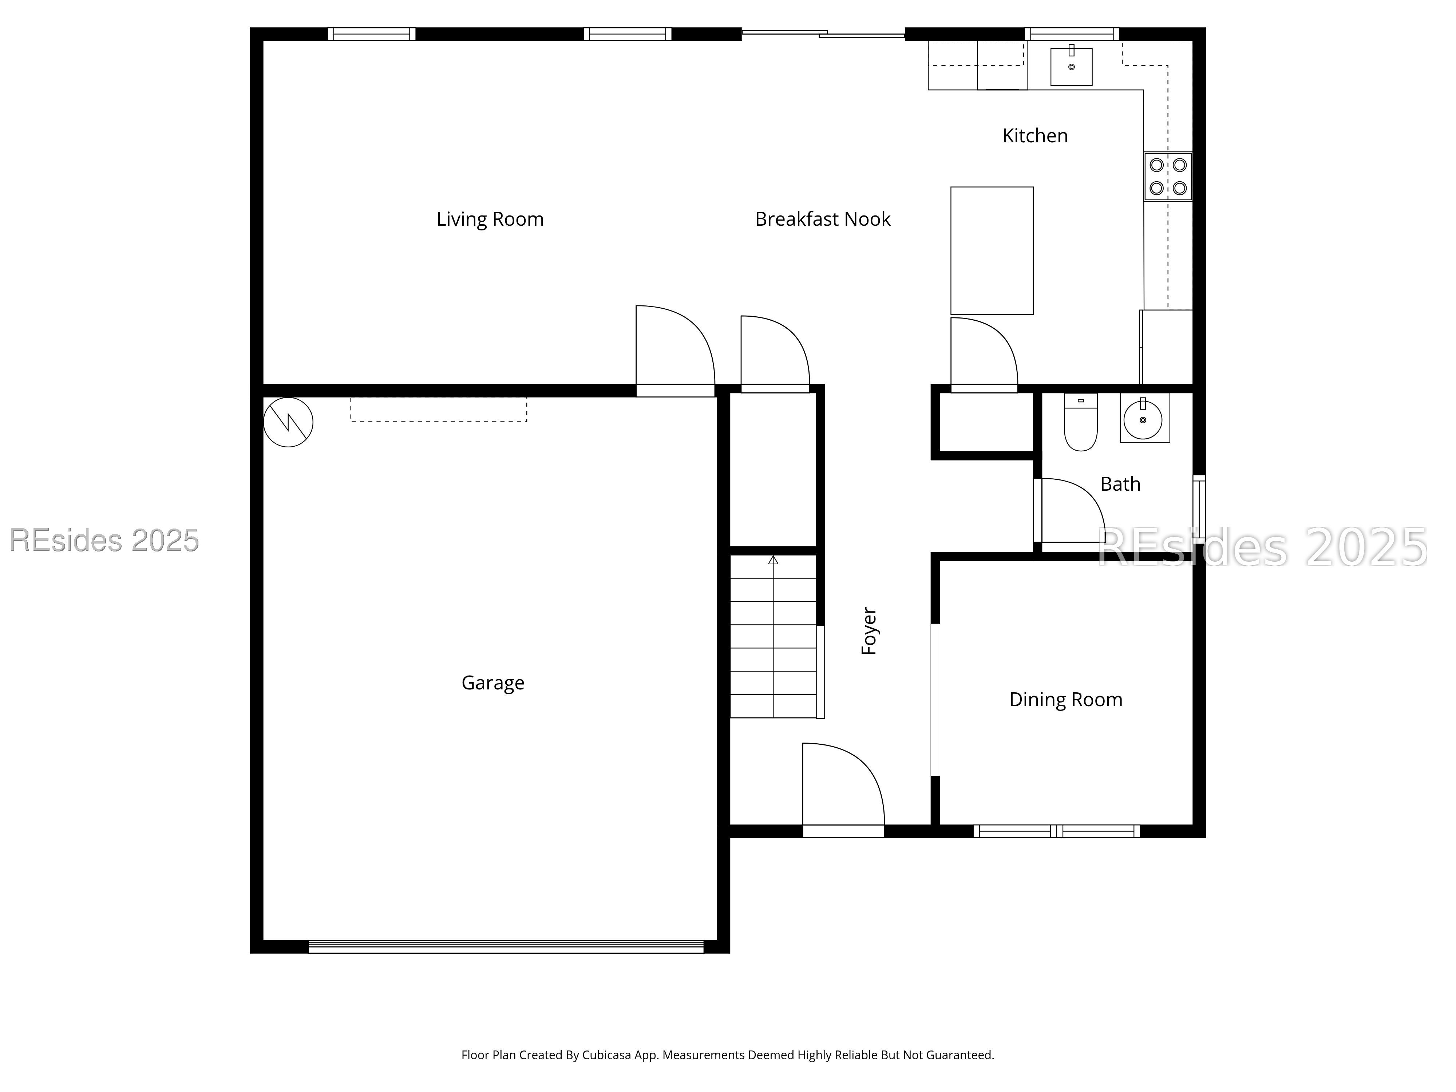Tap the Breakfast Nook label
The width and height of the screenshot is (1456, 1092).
point(822,219)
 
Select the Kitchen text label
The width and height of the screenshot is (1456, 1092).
point(1035,136)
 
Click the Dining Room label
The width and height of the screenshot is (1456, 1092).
point(1066,700)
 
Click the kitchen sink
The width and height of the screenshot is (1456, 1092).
point(1071,67)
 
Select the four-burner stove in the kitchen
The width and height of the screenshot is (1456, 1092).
point(1168,177)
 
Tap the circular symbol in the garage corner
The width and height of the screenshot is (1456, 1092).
point(288,422)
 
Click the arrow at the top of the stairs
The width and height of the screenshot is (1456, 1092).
point(773,560)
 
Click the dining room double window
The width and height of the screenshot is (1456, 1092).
point(1056,831)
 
